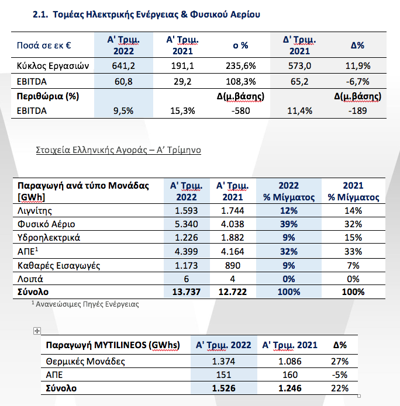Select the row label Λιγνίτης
click(36, 210)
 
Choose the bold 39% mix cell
click(289, 224)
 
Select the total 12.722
click(231, 292)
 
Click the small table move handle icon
click(37, 331)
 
